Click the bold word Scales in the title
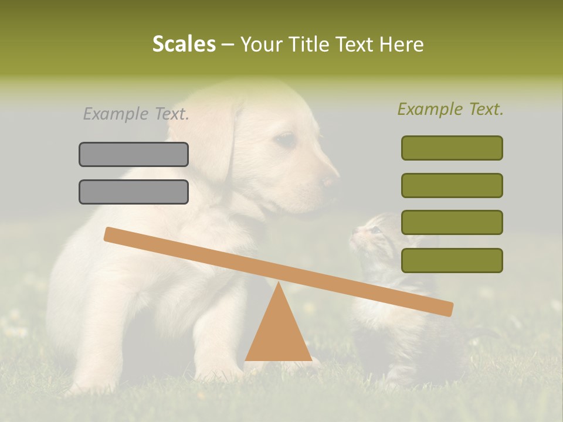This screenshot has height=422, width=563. pyautogui.click(x=184, y=44)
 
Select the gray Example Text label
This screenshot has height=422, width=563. pyautogui.click(x=136, y=114)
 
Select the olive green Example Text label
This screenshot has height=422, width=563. pyautogui.click(x=450, y=109)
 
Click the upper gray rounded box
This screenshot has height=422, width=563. pyautogui.click(x=134, y=154)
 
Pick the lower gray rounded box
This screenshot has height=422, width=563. pyautogui.click(x=134, y=192)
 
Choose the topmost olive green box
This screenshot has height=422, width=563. pyautogui.click(x=452, y=148)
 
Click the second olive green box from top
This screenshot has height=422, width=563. pyautogui.click(x=452, y=185)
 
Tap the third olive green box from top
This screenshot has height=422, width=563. pyautogui.click(x=452, y=222)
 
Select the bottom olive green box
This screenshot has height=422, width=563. pyautogui.click(x=452, y=260)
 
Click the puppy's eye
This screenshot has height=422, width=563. pyautogui.click(x=286, y=139)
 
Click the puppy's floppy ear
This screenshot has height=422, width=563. pyautogui.click(x=217, y=141)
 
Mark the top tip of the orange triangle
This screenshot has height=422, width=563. pyautogui.click(x=278, y=283)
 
